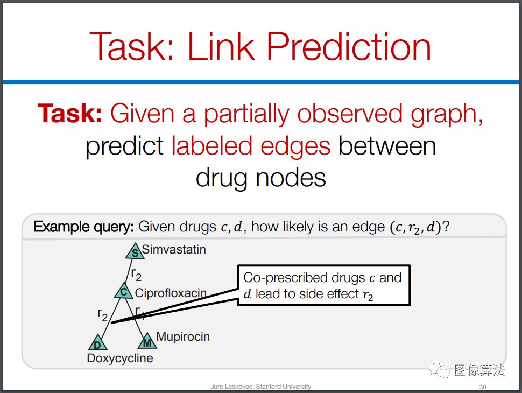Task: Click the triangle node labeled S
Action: [135, 251]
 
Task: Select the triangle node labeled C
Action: [124, 291]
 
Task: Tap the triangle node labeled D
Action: [98, 343]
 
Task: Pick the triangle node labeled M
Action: [147, 341]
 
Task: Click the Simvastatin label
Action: [174, 249]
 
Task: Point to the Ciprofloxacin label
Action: [171, 293]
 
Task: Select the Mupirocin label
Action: [183, 336]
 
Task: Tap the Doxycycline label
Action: [120, 359]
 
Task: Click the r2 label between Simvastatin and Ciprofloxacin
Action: [136, 275]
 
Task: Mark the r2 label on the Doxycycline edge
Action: [103, 314]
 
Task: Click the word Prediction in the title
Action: [349, 46]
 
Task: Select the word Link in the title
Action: [221, 46]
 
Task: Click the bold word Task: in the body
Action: [69, 114]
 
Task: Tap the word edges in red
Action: [295, 147]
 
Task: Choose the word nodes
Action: [291, 178]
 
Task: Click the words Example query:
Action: [83, 227]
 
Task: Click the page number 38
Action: [483, 387]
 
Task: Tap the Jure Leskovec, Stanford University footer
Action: [260, 387]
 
